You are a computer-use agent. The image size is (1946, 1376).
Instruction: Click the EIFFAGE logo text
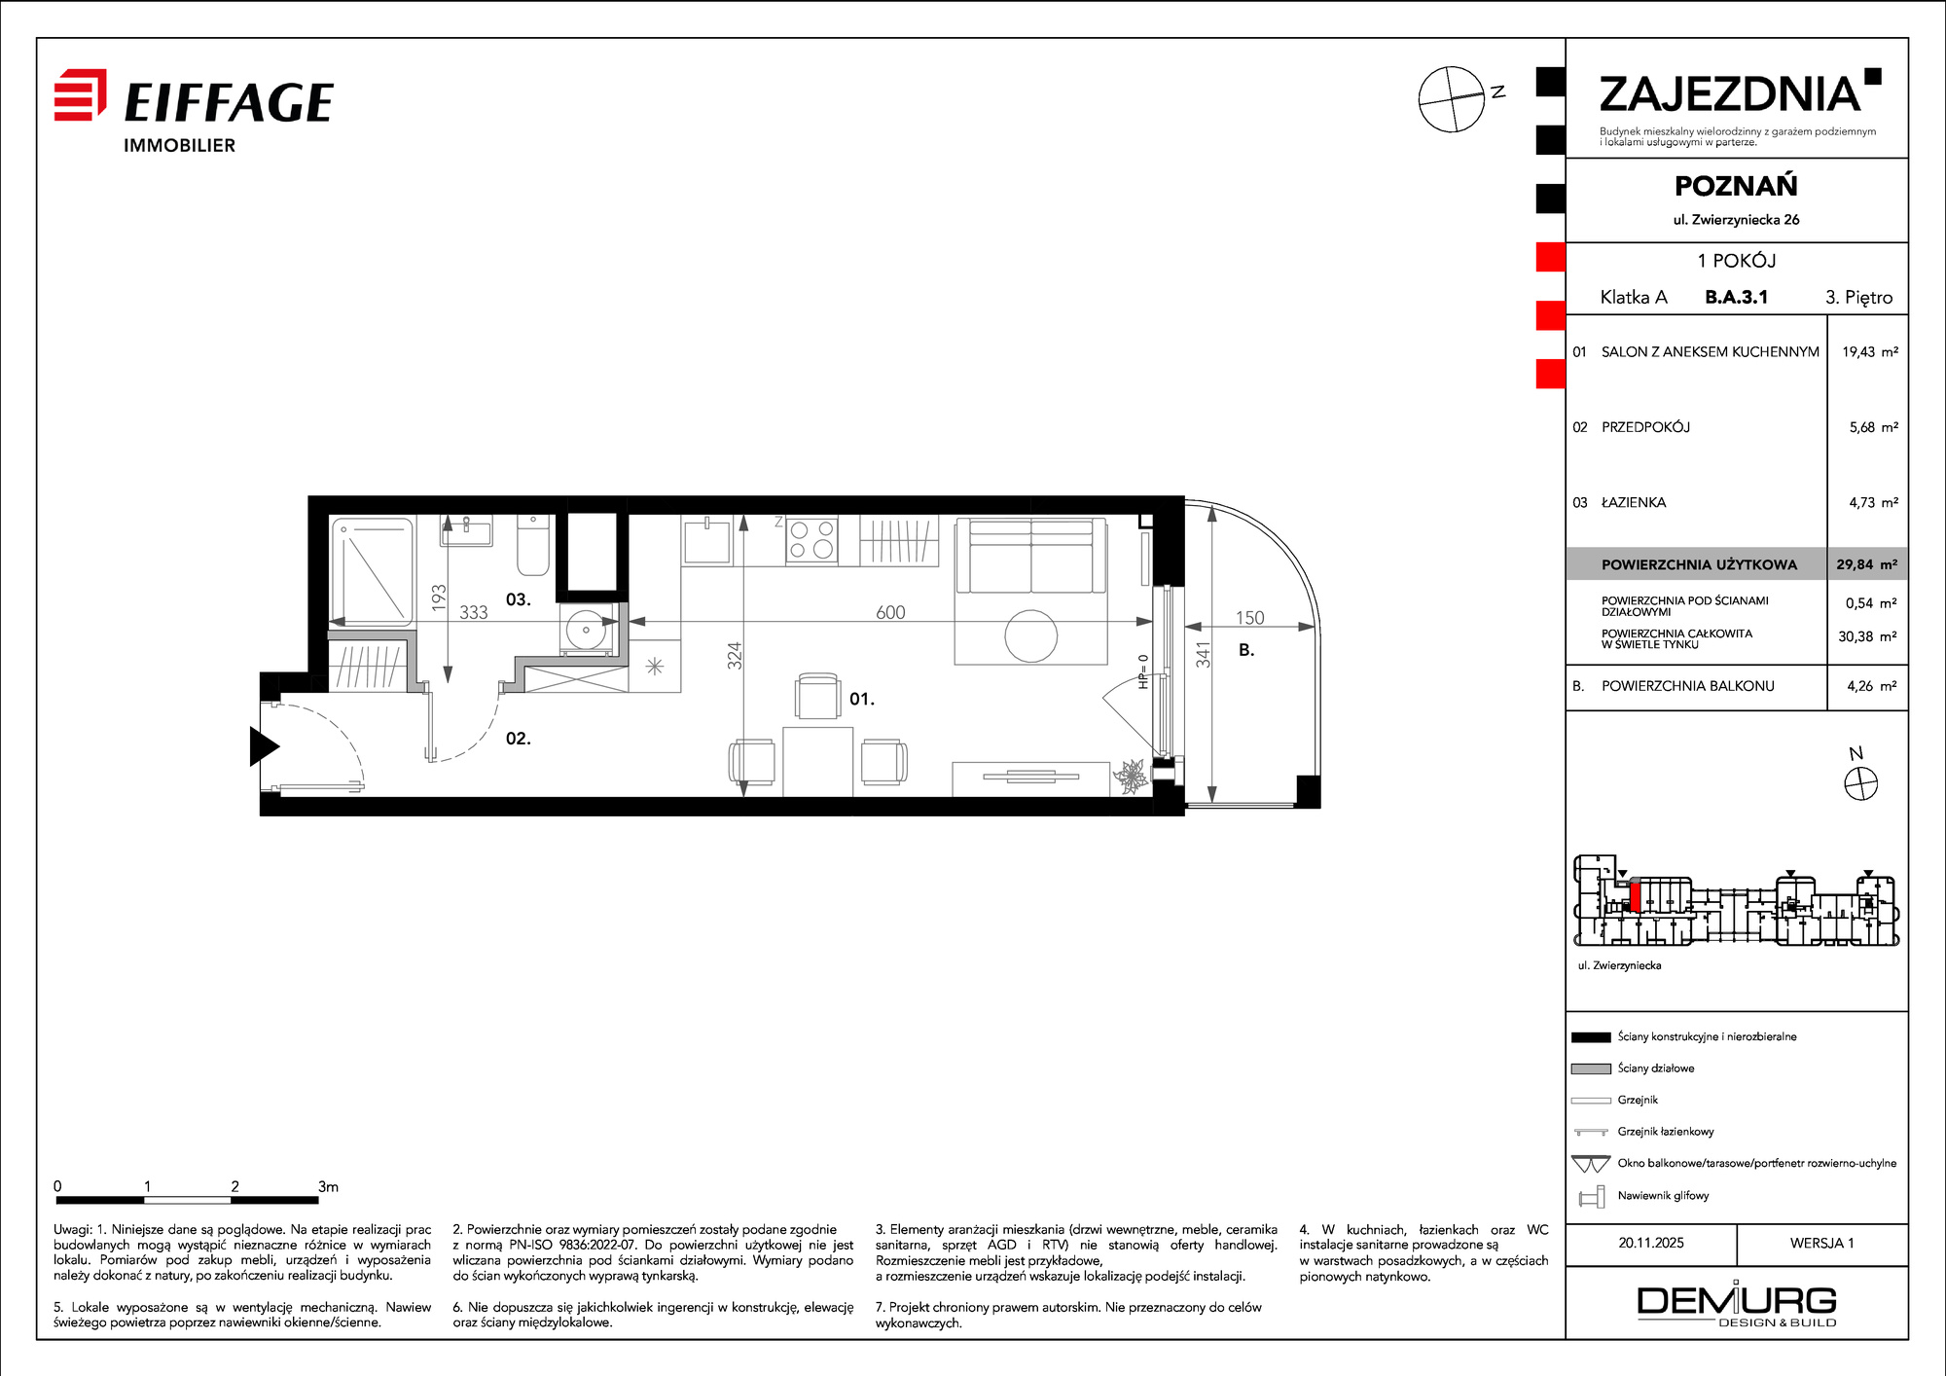(x=229, y=102)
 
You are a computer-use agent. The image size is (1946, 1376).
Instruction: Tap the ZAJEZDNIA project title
(x=1730, y=94)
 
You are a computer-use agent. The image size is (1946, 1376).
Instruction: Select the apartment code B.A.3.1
(x=1736, y=297)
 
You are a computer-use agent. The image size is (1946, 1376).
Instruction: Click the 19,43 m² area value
(x=1869, y=351)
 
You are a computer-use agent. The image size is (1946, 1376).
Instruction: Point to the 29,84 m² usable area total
(x=1866, y=564)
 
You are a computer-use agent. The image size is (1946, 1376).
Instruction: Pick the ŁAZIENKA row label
(x=1634, y=502)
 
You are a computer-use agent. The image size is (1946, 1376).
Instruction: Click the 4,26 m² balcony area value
(x=1872, y=686)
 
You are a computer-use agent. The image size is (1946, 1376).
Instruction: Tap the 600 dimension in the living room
(x=890, y=612)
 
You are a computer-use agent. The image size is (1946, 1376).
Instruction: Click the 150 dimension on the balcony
(x=1249, y=618)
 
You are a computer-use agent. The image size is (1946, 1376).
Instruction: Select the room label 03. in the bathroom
(x=519, y=599)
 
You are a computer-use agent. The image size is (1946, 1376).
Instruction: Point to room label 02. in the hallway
(x=519, y=739)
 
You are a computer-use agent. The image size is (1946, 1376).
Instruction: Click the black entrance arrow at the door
(x=264, y=746)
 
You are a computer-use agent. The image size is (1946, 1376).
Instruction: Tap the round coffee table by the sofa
(x=1031, y=636)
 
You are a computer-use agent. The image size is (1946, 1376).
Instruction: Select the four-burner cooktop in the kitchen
(x=811, y=540)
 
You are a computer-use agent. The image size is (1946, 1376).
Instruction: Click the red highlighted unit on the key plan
(x=1636, y=896)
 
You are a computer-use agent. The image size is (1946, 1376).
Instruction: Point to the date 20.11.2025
(x=1651, y=1243)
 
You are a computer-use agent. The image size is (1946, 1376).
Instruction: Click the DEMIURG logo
(x=1737, y=1305)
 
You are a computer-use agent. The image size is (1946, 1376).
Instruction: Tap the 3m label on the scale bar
(x=328, y=1186)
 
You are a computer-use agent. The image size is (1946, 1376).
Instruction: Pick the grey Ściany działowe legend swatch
(x=1591, y=1068)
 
